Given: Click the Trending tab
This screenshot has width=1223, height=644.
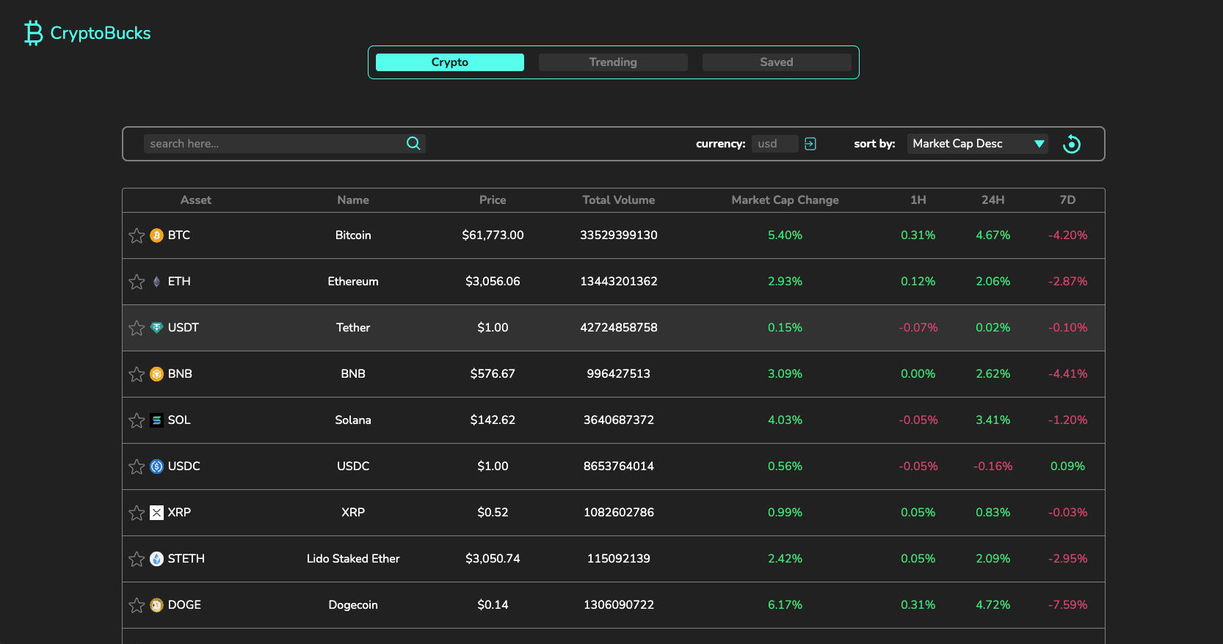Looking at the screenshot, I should (x=613, y=62).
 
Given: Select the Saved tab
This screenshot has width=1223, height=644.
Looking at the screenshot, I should (x=776, y=62).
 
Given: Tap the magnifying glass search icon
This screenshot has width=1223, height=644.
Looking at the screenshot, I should (x=413, y=144).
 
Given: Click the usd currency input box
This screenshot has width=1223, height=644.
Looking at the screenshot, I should (x=774, y=144).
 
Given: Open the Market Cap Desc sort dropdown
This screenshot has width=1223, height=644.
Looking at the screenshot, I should (x=977, y=144).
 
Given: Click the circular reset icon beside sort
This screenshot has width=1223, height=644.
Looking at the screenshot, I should (x=1072, y=144).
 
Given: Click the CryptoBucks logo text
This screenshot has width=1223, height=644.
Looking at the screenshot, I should (x=100, y=33).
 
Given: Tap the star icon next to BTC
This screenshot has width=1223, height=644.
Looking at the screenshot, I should (x=137, y=235).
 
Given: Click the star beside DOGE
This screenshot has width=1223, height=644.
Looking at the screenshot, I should (x=137, y=605).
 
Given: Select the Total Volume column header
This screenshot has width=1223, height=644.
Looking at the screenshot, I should (x=618, y=200).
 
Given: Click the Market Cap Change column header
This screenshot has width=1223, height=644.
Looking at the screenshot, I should (x=785, y=200).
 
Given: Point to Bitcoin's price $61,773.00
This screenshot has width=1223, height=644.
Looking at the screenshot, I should (x=493, y=235).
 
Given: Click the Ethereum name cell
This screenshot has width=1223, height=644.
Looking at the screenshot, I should (x=353, y=282).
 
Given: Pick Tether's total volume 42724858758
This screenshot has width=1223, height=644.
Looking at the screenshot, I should (x=618, y=328).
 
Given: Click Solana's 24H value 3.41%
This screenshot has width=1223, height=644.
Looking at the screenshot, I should (x=992, y=420).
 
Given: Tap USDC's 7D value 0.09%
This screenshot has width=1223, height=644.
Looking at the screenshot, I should (x=1067, y=466).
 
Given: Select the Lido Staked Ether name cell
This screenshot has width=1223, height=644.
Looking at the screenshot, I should (x=353, y=559).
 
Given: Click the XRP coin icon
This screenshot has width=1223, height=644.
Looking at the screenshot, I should (x=156, y=513).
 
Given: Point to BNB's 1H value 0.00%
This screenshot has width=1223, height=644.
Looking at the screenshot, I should (x=918, y=374).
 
